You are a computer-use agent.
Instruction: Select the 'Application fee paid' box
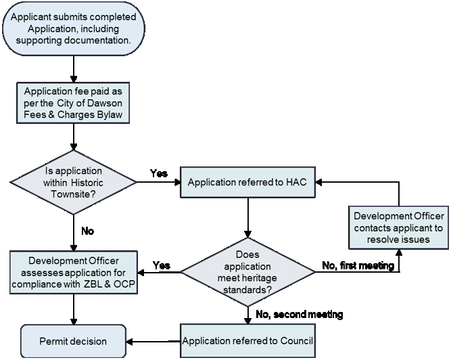click(72, 104)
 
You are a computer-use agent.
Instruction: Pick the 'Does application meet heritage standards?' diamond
click(247, 273)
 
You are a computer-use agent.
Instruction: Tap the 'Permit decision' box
click(72, 340)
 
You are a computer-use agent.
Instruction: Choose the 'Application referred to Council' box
click(247, 340)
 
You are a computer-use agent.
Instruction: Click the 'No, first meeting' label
click(358, 266)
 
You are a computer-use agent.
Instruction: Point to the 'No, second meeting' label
click(299, 314)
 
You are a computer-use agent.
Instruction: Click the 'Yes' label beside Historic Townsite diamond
click(159, 174)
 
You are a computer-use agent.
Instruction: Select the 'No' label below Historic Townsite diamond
click(87, 231)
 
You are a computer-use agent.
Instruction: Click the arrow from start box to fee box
click(72, 67)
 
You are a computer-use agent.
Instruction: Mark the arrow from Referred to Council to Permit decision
click(153, 340)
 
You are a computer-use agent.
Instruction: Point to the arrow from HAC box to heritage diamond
click(247, 217)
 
